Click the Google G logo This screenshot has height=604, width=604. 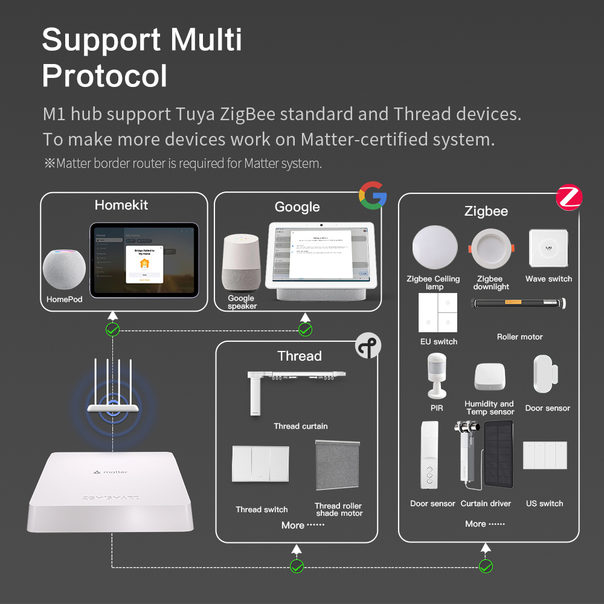tap(372, 196)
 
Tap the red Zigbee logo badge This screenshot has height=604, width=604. tap(568, 197)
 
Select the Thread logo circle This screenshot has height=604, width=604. tap(368, 345)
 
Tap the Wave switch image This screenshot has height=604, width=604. tap(548, 248)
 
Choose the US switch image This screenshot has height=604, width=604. tap(545, 455)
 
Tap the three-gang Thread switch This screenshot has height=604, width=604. tap(260, 464)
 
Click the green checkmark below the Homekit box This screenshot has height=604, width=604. tap(112, 329)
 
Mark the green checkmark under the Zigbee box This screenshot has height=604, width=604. tap(486, 566)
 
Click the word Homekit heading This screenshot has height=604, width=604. tap(121, 205)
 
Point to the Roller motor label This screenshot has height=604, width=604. tap(519, 337)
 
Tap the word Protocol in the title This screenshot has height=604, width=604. tap(104, 75)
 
